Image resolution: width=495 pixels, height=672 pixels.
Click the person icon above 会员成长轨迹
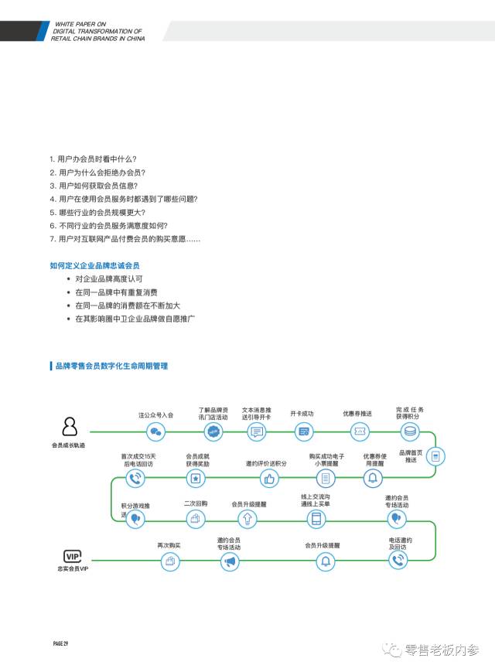[70, 426]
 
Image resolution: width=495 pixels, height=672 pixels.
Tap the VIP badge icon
[73, 556]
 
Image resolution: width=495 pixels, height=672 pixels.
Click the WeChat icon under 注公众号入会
[156, 432]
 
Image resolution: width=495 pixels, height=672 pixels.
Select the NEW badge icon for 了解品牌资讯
[213, 432]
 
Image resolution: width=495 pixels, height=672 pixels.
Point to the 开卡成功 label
[302, 414]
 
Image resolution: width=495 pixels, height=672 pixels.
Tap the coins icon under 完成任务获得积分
[410, 432]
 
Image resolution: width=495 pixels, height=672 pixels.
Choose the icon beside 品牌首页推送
[435, 457]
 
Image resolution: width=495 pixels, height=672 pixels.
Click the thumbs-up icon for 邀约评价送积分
[269, 479]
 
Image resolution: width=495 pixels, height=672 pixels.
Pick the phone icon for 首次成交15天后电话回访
[137, 479]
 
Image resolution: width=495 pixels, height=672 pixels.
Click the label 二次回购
[196, 503]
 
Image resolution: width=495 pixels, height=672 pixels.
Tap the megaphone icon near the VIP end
[229, 562]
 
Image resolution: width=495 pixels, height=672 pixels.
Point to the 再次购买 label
[169, 545]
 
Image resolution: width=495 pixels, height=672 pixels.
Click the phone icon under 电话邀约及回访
[398, 562]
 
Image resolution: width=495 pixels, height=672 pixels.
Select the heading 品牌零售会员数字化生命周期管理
[111, 365]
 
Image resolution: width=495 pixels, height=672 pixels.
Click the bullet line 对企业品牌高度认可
[109, 278]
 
